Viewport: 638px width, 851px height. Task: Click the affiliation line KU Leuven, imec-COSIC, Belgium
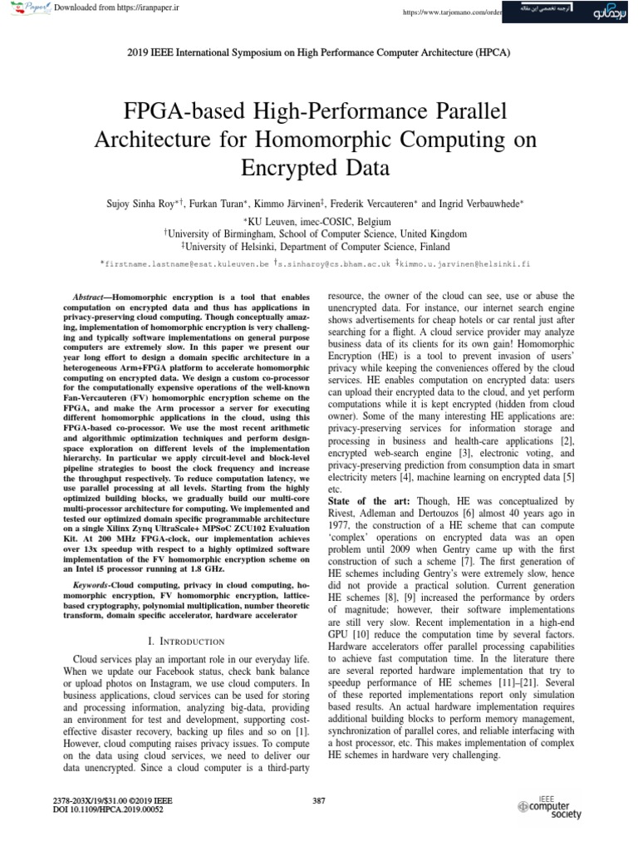tap(319, 222)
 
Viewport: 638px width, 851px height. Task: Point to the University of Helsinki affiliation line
tap(319, 247)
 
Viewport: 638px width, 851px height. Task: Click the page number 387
tap(318, 800)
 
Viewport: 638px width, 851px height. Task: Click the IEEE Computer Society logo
tap(549, 807)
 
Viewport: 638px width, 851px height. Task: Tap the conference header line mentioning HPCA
tap(319, 52)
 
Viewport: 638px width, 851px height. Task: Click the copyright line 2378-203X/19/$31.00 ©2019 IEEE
tap(112, 799)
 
